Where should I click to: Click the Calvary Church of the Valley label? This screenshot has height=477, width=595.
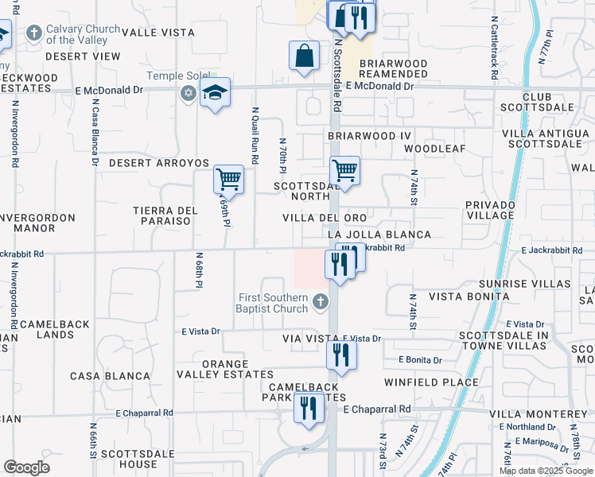coord(76,34)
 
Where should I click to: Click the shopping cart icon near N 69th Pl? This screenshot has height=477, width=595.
coord(228,180)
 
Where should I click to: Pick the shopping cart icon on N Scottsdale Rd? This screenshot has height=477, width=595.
coord(345,170)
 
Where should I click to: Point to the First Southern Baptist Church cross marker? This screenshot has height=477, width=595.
coord(320,301)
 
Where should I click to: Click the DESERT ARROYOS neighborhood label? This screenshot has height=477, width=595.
coord(158,162)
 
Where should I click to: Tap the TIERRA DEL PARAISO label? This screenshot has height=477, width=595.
coord(165,215)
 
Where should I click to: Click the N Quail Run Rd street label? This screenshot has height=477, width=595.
coord(255,136)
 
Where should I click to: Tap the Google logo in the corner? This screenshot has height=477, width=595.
coord(27,467)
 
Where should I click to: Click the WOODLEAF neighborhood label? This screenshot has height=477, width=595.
coord(434,149)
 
